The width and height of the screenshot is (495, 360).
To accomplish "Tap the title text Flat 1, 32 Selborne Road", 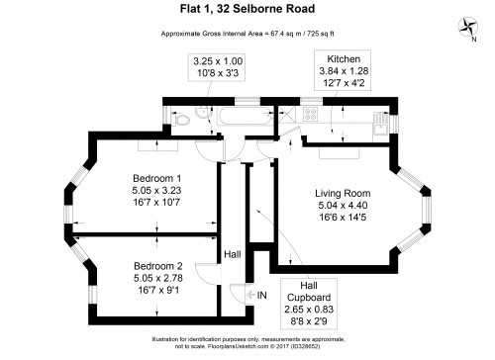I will click(x=247, y=10).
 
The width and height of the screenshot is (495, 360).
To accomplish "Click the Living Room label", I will click(x=343, y=193).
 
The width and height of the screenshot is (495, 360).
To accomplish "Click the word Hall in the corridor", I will click(x=232, y=255).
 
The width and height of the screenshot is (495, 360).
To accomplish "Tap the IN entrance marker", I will click(x=262, y=295).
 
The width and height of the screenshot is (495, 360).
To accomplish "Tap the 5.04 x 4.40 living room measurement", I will click(x=343, y=206).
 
